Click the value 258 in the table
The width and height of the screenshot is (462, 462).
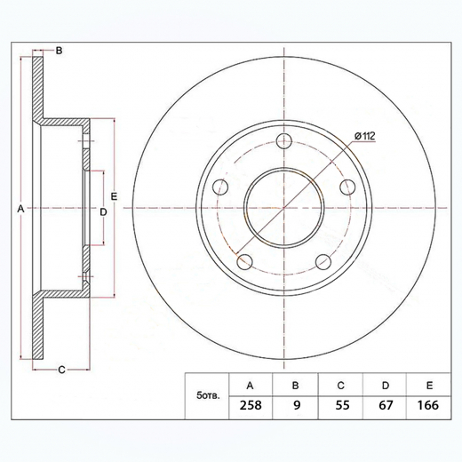pyautogui.click(x=250, y=405)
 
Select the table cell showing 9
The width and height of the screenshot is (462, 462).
pyautogui.click(x=295, y=405)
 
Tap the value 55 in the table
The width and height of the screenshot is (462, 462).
pyautogui.click(x=340, y=405)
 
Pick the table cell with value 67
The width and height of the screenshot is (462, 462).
pyautogui.click(x=386, y=405)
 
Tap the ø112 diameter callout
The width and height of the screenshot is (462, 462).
pyautogui.click(x=365, y=136)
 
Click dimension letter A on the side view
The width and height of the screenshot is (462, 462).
pyautogui.click(x=20, y=208)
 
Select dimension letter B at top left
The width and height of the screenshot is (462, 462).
pyautogui.click(x=59, y=52)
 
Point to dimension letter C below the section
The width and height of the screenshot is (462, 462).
pyautogui.click(x=60, y=370)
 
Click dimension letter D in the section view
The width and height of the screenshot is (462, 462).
pyautogui.click(x=103, y=211)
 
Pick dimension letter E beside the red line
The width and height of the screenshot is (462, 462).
pyautogui.click(x=114, y=195)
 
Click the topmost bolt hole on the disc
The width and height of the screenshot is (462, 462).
pyautogui.click(x=284, y=140)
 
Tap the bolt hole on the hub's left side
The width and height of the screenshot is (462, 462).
pyautogui.click(x=220, y=187)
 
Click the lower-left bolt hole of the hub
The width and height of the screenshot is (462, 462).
pyautogui.click(x=244, y=261)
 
